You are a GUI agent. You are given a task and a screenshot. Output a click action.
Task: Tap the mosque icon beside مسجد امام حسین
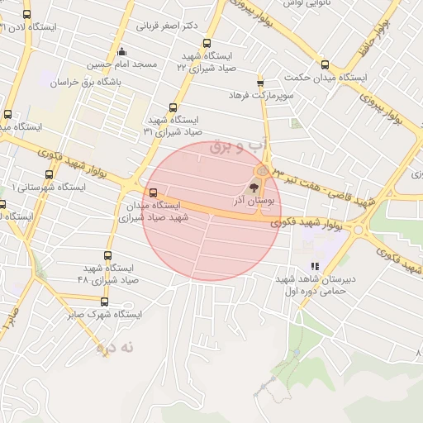point(121,50)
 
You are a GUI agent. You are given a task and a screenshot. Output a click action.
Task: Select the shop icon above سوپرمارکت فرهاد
point(261,83)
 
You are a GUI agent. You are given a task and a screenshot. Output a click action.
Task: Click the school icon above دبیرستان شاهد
point(315,266)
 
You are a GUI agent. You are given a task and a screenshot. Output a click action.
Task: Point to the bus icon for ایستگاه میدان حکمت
point(326,64)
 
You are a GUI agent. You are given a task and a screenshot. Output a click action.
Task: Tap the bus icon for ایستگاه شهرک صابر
point(104,302)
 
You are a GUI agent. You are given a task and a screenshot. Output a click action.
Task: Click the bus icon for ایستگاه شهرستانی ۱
point(49,174)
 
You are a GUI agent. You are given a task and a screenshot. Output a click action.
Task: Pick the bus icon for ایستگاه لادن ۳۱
point(27,14)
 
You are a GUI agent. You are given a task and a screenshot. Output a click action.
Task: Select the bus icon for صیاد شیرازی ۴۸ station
point(108,256)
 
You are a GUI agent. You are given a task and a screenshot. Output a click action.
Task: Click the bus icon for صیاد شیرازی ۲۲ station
point(206,44)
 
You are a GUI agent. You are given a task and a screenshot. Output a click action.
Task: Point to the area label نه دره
point(116,349)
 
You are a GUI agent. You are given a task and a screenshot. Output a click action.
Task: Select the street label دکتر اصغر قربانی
point(166,26)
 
